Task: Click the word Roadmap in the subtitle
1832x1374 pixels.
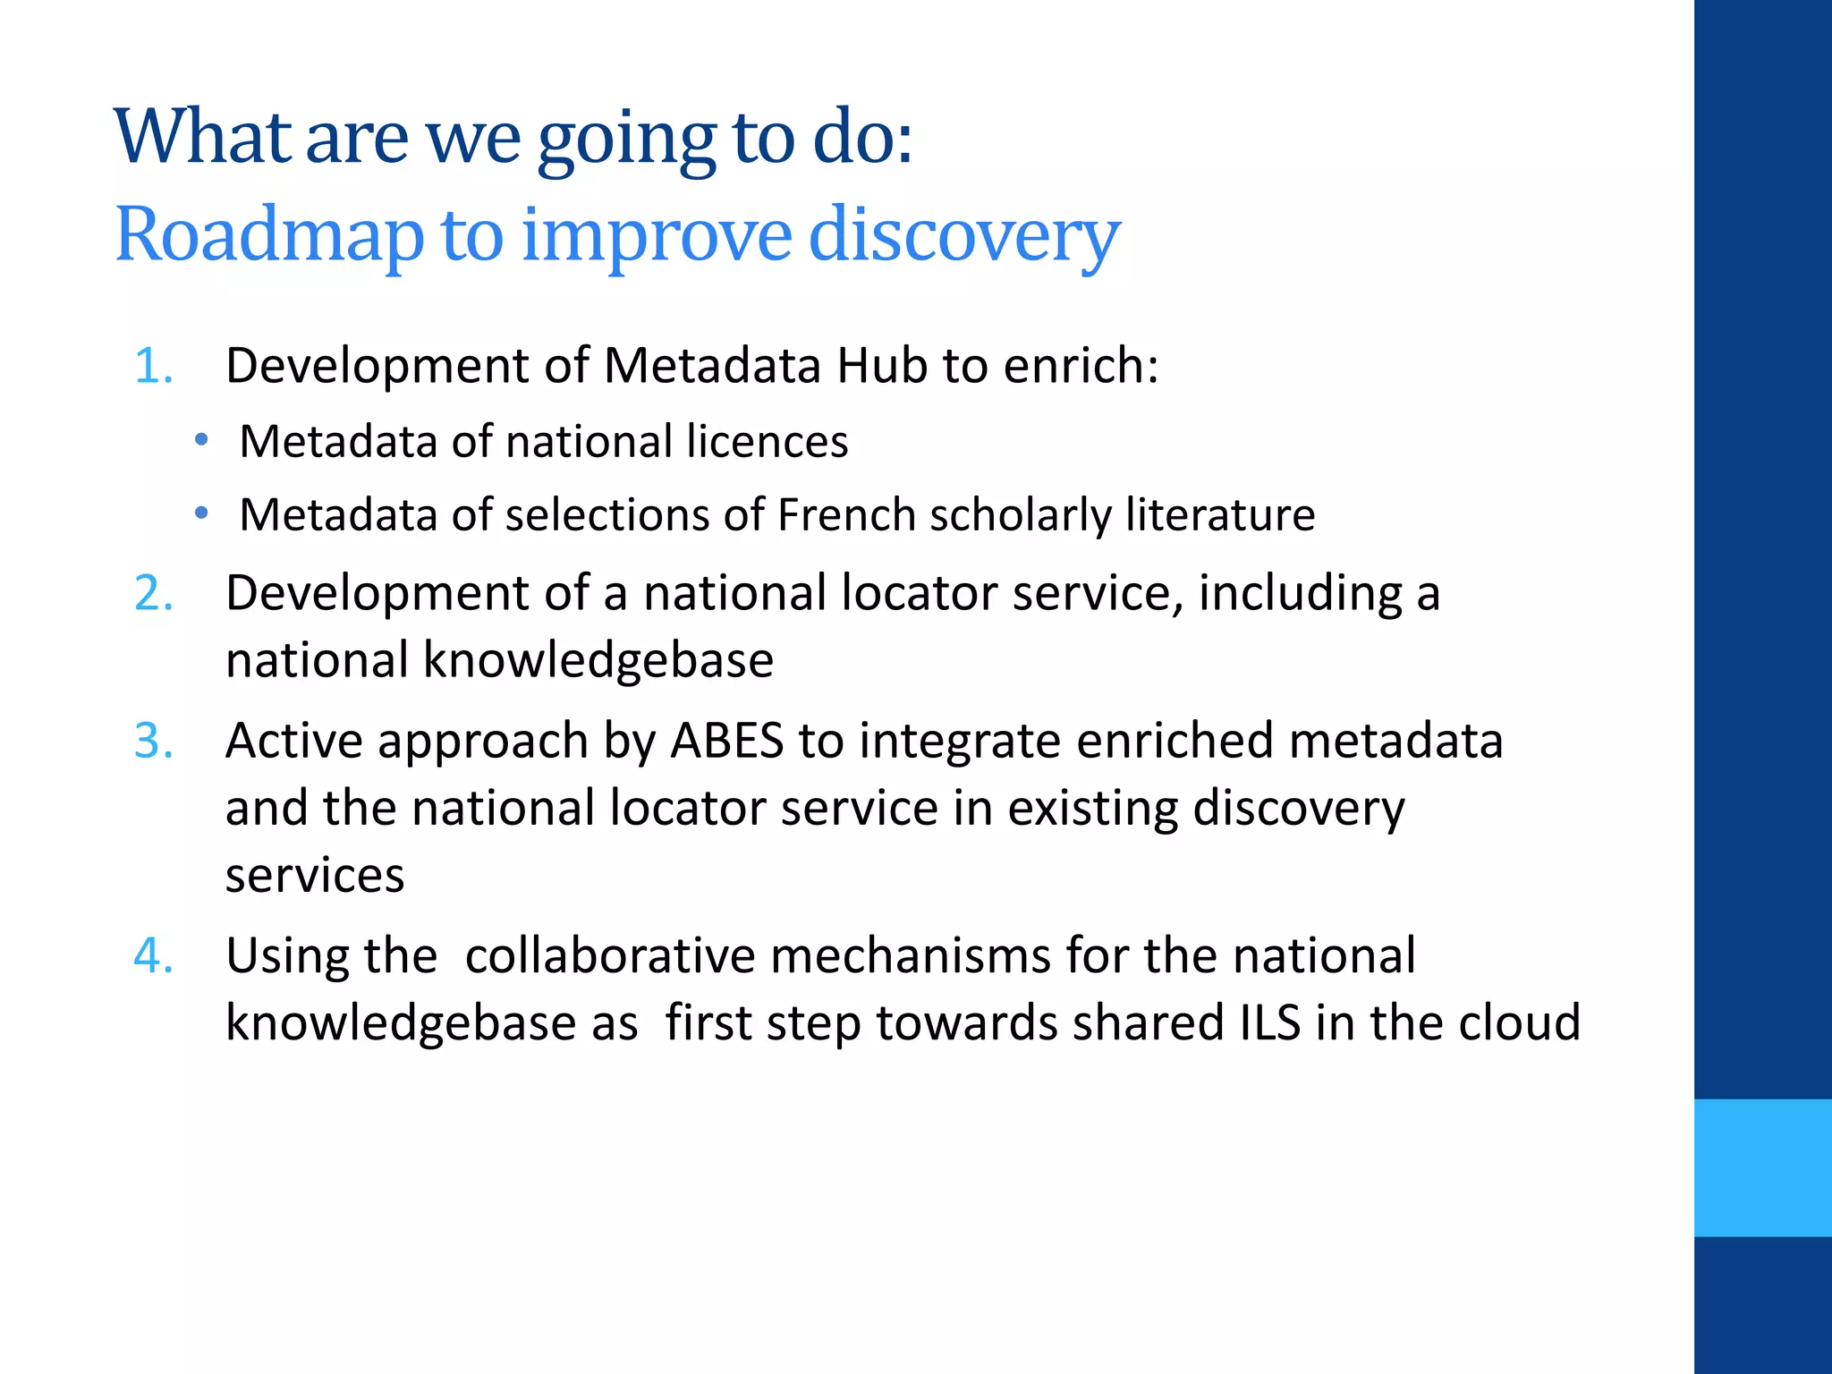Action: (268, 234)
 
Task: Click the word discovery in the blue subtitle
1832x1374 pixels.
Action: (963, 234)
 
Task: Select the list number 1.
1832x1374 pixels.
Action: (153, 366)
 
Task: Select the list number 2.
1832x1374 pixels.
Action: (153, 593)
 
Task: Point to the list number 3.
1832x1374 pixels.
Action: (153, 742)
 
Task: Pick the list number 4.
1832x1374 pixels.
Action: (153, 955)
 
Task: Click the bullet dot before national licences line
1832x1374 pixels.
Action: (202, 440)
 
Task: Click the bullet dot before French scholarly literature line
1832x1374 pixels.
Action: (202, 513)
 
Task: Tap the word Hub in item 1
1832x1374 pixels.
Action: (881, 366)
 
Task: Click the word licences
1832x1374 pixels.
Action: (767, 442)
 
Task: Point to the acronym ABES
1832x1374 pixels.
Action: (727, 742)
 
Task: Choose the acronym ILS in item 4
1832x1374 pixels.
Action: (1270, 1022)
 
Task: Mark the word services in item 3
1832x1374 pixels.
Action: (315, 876)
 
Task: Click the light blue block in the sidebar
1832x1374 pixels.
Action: (1762, 1167)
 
